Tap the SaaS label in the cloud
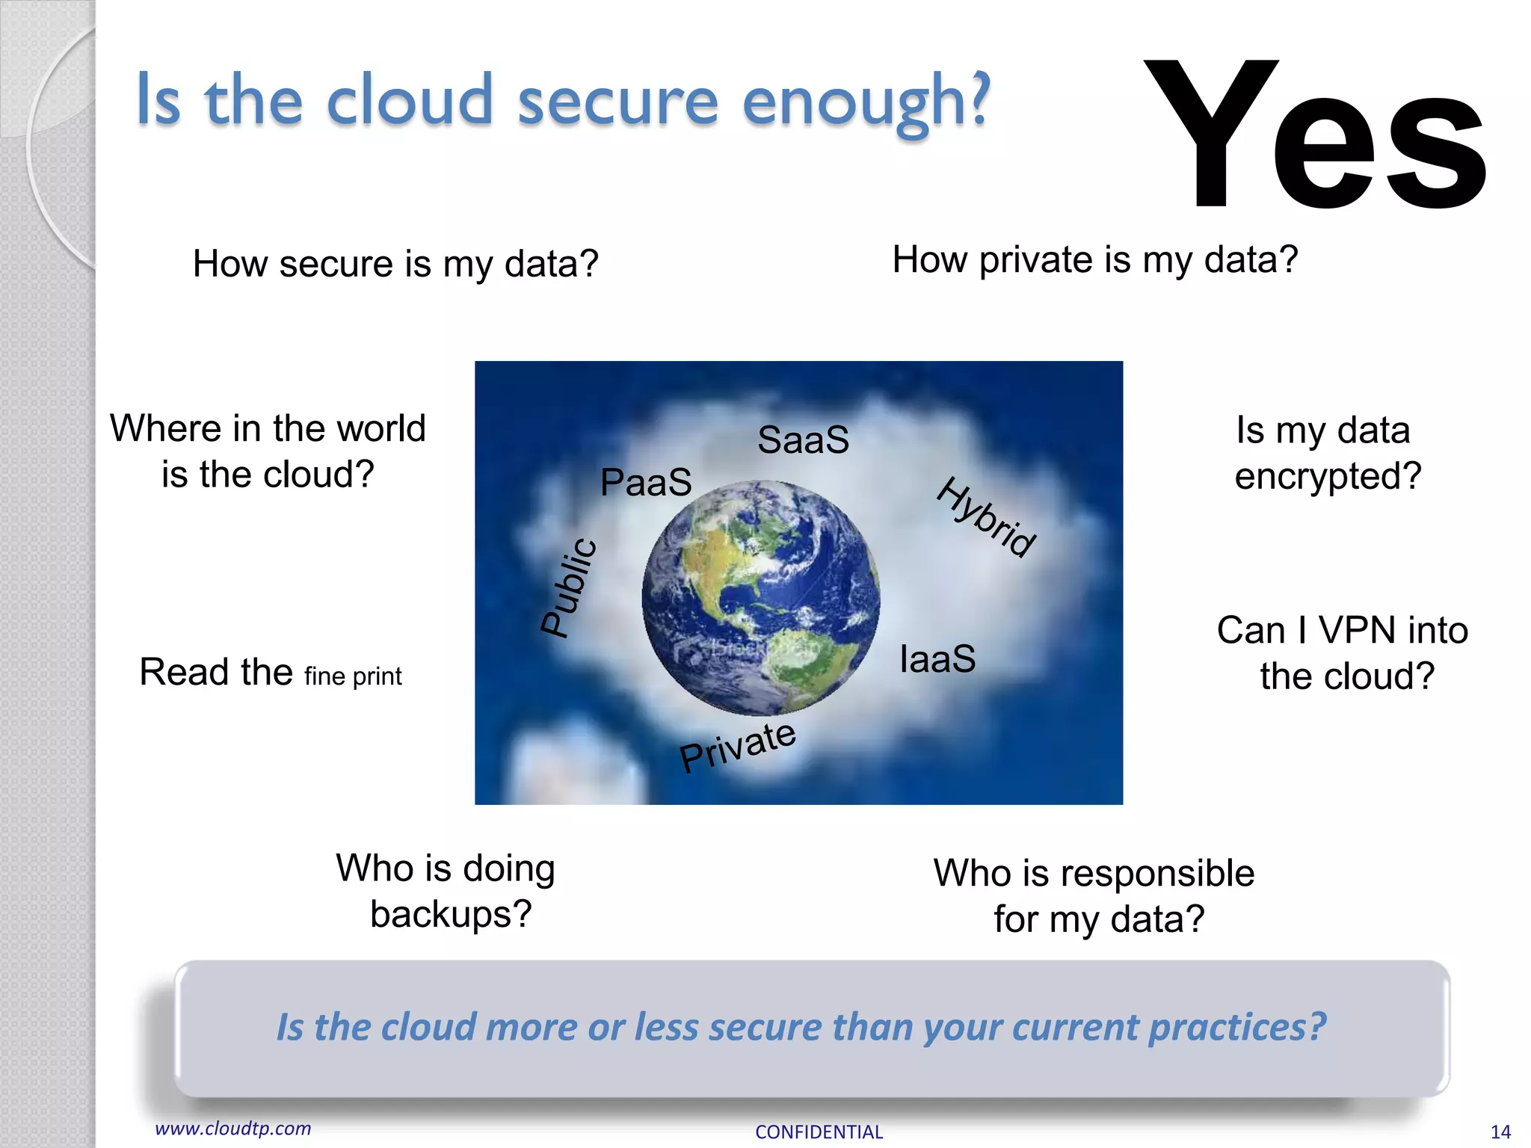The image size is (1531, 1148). pyautogui.click(x=803, y=439)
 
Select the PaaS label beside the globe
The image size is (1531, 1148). pyautogui.click(x=646, y=482)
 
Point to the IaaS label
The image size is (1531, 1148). pyautogui.click(x=937, y=659)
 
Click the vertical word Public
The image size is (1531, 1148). pyautogui.click(x=570, y=587)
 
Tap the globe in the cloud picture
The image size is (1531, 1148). pyautogui.click(x=760, y=598)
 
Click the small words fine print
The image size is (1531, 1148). pyautogui.click(x=353, y=676)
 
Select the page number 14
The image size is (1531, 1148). pyautogui.click(x=1500, y=1132)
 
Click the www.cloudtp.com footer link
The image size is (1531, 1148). pyautogui.click(x=232, y=1129)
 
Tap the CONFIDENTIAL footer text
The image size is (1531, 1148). pyautogui.click(x=819, y=1132)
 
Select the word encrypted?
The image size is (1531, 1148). pyautogui.click(x=1328, y=477)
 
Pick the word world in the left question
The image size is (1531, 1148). pyautogui.click(x=381, y=429)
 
